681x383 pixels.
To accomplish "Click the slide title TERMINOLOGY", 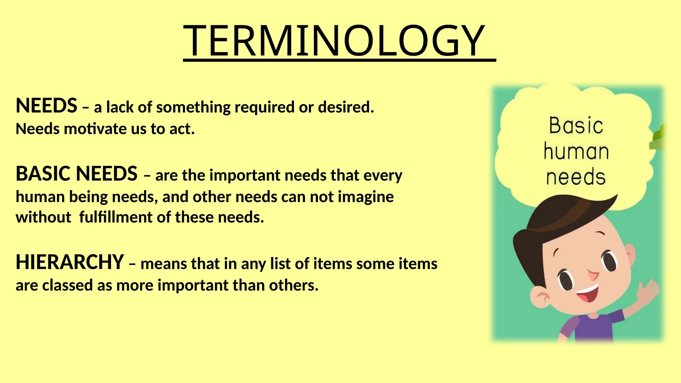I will coord(334,41).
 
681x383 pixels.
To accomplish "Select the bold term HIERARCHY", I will coord(70,262).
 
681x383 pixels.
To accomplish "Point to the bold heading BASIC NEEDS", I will coord(76,174).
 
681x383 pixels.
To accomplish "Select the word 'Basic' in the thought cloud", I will coord(576,126).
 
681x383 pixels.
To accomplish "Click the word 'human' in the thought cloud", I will coord(576,151).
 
